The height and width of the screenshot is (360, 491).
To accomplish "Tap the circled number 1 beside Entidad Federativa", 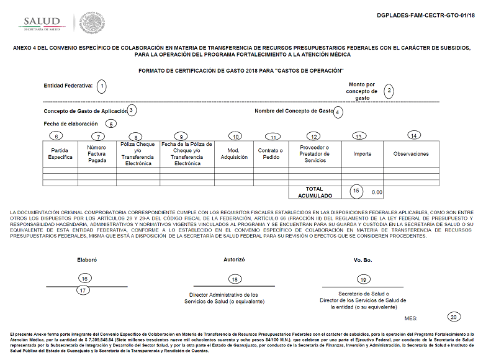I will click(102, 86).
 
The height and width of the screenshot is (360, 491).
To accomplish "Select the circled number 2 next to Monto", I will click(389, 91).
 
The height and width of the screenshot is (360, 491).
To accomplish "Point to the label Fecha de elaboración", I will click(71, 124).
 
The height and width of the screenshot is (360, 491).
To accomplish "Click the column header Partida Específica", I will click(60, 154).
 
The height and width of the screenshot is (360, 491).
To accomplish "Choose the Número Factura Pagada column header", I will click(97, 154).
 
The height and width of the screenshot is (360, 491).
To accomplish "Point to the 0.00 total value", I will click(377, 192).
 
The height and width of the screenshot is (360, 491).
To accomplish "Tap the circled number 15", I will click(356, 191).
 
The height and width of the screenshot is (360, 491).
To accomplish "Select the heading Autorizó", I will click(234, 259).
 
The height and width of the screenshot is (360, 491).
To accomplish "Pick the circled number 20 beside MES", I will click(454, 317).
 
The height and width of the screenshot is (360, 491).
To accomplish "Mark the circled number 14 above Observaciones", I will click(414, 135).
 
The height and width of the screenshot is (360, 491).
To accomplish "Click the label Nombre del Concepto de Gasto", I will click(294, 111).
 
